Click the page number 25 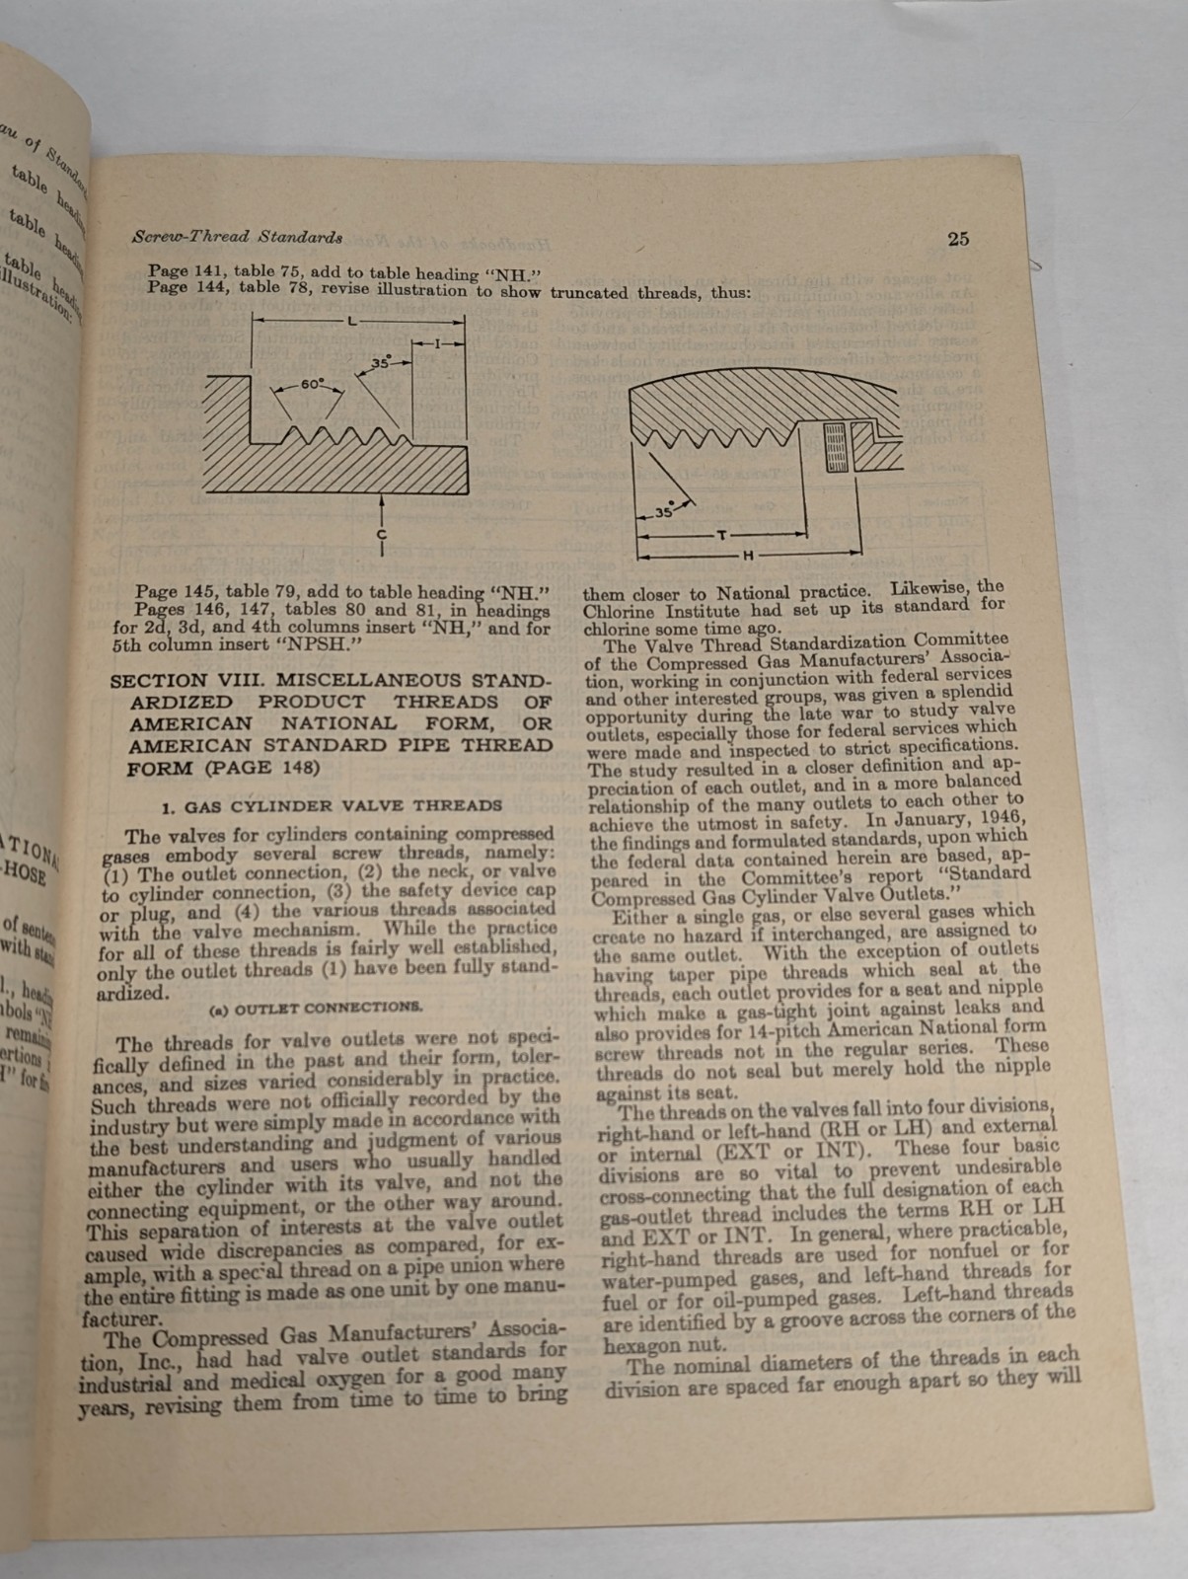click(x=958, y=238)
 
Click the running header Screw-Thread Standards click(x=237, y=237)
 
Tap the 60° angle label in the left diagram click(x=312, y=384)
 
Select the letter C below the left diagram click(x=382, y=534)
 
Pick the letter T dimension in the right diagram click(x=722, y=534)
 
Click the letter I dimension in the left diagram click(x=437, y=342)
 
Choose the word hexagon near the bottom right click(x=633, y=1346)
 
